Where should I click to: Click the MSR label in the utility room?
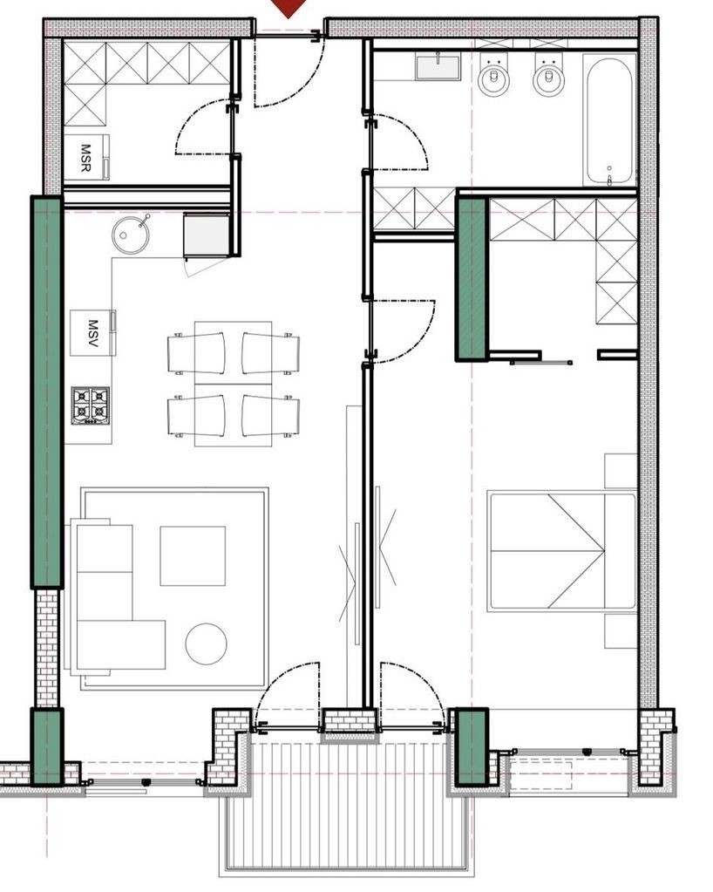coord(85,158)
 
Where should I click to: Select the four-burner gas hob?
coord(91,405)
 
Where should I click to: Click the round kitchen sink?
coord(131,234)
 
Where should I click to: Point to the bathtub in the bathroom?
coord(609,119)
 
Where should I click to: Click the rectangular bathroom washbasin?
coord(438,66)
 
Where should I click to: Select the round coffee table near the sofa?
coord(207,643)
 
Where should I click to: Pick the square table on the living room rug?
coord(193,555)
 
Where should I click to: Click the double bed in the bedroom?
coord(561,552)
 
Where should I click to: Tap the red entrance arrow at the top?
coord(289,7)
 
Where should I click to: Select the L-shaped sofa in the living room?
coord(117,596)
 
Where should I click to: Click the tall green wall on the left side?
coord(46,392)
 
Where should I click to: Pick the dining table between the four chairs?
coord(233,384)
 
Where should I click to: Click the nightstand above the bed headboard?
coord(621,471)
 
